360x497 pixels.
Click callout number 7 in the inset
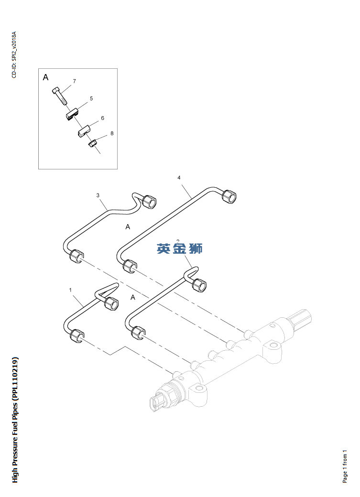pyautogui.click(x=74, y=81)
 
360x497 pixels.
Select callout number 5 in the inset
pyautogui.click(x=91, y=98)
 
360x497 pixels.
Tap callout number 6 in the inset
pyautogui.click(x=102, y=118)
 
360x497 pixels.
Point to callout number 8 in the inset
pyautogui.click(x=112, y=133)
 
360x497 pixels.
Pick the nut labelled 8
pyautogui.click(x=92, y=142)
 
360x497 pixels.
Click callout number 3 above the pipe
pyautogui.click(x=98, y=195)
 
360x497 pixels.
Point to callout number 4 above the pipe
pyautogui.click(x=179, y=178)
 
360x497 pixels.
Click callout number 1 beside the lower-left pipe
pyautogui.click(x=70, y=290)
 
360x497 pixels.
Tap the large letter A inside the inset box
pyautogui.click(x=45, y=77)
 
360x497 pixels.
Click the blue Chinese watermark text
pyautogui.click(x=179, y=248)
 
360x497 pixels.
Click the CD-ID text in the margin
pyautogui.click(x=14, y=54)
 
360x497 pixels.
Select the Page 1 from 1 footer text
pyautogui.click(x=345, y=465)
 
